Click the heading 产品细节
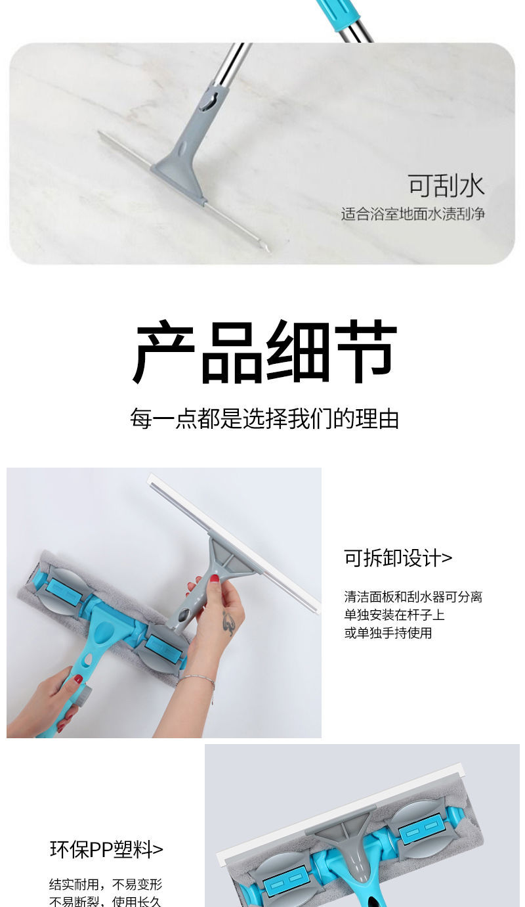(264, 351)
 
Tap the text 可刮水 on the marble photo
(446, 186)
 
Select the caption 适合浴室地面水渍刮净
(413, 214)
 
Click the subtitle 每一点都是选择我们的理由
(264, 418)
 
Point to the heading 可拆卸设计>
(398, 558)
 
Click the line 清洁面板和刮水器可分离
(413, 596)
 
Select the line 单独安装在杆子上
(394, 615)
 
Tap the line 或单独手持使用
(388, 632)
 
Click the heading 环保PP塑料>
(106, 849)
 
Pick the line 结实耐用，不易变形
(106, 884)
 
